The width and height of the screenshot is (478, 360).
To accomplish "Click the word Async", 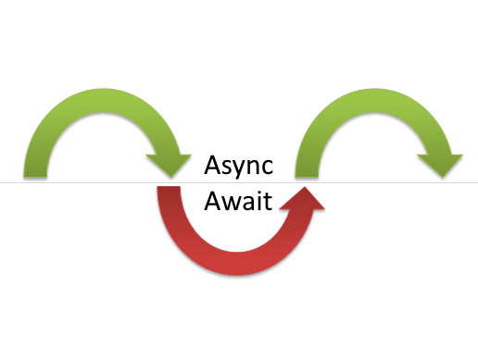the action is point(240,168).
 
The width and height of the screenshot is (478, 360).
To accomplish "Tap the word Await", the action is point(240,201).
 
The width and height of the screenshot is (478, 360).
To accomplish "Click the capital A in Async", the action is point(214,168).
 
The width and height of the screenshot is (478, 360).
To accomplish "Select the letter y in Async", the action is point(240,172).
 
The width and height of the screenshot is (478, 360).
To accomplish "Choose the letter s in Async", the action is point(228,170).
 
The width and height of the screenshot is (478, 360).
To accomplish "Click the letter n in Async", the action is point(255,170).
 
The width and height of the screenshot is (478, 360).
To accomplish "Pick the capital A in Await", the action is point(214,201).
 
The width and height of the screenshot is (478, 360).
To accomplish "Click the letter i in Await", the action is point(261,201).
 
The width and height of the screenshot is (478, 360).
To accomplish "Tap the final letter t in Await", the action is point(270,202).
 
